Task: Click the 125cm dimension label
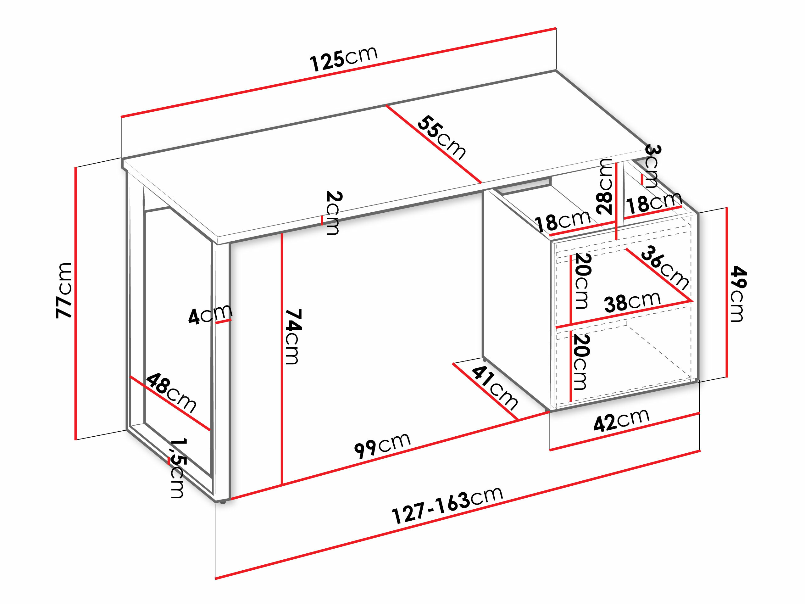(x=344, y=58)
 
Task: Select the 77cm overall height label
(x=64, y=291)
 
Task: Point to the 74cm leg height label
(x=293, y=337)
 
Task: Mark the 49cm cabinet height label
(x=738, y=294)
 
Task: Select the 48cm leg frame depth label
(x=171, y=393)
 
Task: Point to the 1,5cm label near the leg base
(x=178, y=468)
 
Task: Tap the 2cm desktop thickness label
(x=333, y=213)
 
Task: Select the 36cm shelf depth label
(x=665, y=268)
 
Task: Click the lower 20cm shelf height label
(x=581, y=361)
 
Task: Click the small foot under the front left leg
(x=222, y=502)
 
